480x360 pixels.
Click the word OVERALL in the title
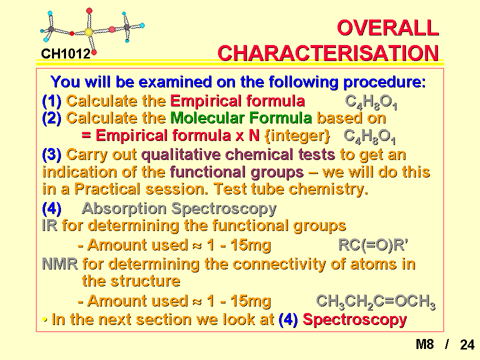tap(388, 28)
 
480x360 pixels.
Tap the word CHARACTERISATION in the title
tap(328, 53)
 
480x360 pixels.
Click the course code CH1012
tap(66, 54)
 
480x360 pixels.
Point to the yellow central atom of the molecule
tap(88, 32)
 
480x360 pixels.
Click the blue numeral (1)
tap(51, 100)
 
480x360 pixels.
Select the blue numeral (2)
tap(51, 118)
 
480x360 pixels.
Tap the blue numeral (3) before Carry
tap(51, 154)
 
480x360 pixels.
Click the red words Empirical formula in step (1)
tap(237, 100)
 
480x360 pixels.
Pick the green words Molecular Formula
tap(241, 118)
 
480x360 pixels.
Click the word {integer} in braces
tap(297, 135)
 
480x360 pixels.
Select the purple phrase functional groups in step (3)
tap(236, 172)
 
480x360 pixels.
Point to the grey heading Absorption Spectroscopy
tap(179, 209)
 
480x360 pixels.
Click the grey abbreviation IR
tap(49, 225)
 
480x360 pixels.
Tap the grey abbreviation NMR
tap(60, 264)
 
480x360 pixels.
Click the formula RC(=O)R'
tap(373, 245)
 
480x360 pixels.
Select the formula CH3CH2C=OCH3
tap(375, 301)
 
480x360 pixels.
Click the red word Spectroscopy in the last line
tap(355, 320)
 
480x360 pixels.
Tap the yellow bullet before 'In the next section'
tap(45, 320)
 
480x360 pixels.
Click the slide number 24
tap(467, 344)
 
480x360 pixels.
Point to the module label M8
tap(424, 344)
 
